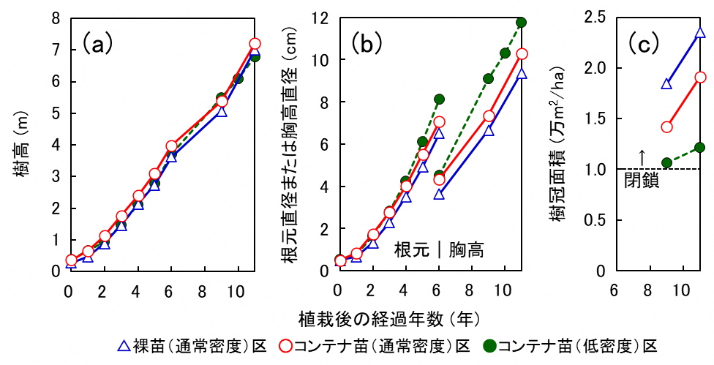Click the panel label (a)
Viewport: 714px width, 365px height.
pyautogui.click(x=97, y=44)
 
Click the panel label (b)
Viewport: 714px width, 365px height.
pyautogui.click(x=367, y=44)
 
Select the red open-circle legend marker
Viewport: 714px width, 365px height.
pyautogui.click(x=284, y=344)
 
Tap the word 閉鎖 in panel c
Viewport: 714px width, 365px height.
pyautogui.click(x=642, y=181)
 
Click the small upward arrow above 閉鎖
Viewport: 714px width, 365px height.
pyautogui.click(x=642, y=157)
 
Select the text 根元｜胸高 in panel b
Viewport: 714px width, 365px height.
pyautogui.click(x=440, y=250)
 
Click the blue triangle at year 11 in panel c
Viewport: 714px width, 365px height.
pyautogui.click(x=701, y=33)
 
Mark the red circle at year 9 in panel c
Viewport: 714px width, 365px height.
pyautogui.click(x=666, y=127)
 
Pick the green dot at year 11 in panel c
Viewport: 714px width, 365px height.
pyautogui.click(x=701, y=147)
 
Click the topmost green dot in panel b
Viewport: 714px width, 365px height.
pyautogui.click(x=522, y=22)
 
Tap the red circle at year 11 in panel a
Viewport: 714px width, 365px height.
pyautogui.click(x=255, y=44)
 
